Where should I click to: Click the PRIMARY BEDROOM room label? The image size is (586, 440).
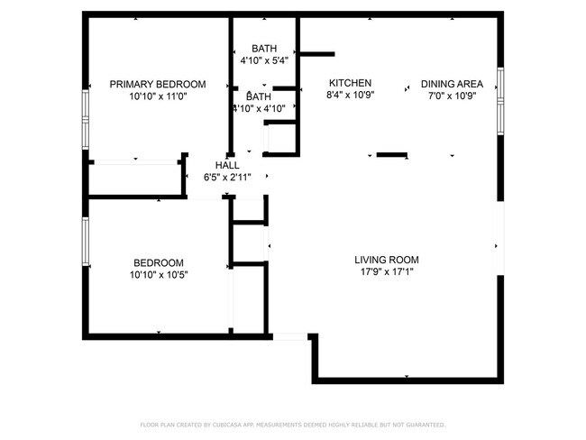tap(157, 84)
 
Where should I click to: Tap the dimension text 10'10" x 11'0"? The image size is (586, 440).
tap(157, 96)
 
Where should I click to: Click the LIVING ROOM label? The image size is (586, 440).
tap(386, 260)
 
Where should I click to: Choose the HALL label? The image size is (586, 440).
tap(226, 165)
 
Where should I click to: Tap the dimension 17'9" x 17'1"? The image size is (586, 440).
tap(386, 271)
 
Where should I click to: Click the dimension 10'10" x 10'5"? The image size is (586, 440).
tap(158, 274)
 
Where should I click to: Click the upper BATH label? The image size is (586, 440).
tap(264, 49)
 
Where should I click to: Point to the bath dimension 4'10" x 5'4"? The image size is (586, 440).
tap(264, 60)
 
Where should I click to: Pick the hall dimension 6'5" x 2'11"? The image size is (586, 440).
tap(226, 177)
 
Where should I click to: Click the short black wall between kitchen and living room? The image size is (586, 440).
tap(390, 155)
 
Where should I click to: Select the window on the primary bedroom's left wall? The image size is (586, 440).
tap(86, 119)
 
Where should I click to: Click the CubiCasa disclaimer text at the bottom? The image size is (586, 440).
tap(292, 424)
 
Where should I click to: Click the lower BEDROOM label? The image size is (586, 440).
tap(158, 262)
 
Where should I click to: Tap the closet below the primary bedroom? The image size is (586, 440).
tap(135, 178)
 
